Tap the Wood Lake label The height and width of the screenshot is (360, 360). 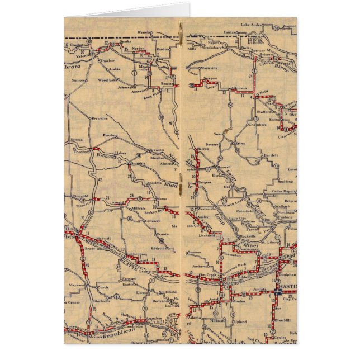click(x=106, y=80)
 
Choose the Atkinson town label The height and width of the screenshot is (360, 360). click(x=239, y=88)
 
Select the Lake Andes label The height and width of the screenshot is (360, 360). click(x=251, y=25)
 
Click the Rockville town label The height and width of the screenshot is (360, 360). click(x=247, y=236)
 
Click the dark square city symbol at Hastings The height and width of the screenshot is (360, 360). click(x=278, y=292)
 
